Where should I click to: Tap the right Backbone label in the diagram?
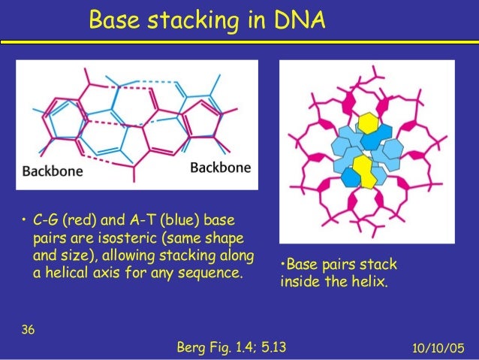(x=220, y=167)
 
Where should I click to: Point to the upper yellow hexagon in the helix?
(x=368, y=123)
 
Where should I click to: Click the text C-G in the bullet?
(x=47, y=221)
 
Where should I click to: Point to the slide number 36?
(x=27, y=329)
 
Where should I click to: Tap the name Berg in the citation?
(x=189, y=347)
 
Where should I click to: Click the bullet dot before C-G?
(x=24, y=221)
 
